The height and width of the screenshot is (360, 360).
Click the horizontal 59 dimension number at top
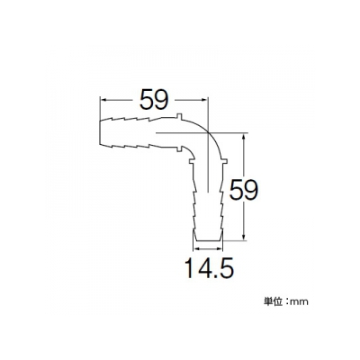[x=154, y=99]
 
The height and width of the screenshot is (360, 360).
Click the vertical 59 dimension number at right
[x=244, y=190]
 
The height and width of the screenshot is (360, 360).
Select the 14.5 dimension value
[x=209, y=268]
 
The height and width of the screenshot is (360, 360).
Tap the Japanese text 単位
[x=273, y=301]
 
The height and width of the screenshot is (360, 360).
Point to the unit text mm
[x=300, y=302]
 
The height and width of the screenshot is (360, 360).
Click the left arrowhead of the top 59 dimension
[x=103, y=99]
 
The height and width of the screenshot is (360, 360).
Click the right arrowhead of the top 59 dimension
[x=203, y=99]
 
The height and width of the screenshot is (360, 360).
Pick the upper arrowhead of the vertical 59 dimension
[x=244, y=137]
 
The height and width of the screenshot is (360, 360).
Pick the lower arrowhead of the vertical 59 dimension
[x=244, y=236]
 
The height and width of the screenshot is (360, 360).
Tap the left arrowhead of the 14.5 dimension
[x=196, y=248]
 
